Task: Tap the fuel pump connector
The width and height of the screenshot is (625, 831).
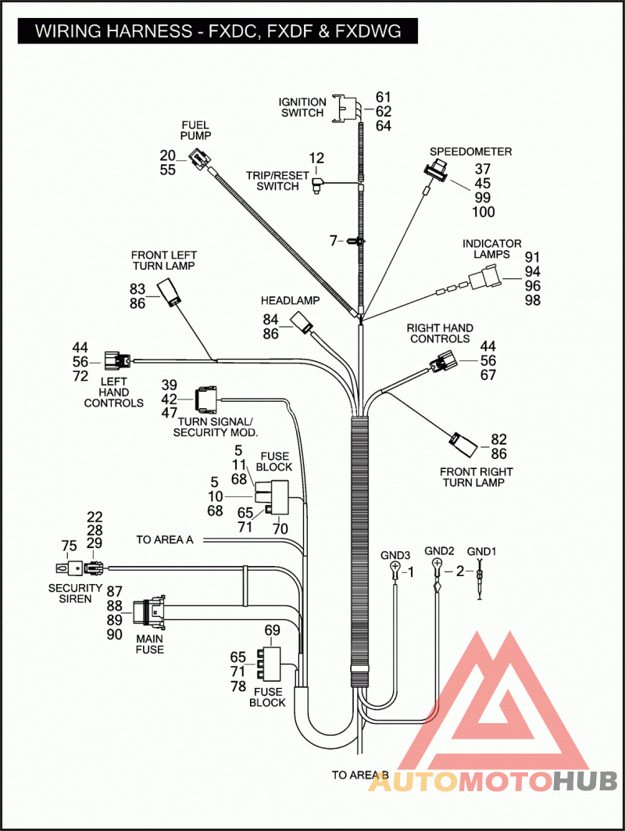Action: (199, 159)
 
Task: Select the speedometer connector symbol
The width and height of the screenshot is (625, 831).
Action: (436, 171)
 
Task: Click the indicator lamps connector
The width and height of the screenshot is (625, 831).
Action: (484, 279)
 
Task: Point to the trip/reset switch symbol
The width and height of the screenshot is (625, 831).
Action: (318, 185)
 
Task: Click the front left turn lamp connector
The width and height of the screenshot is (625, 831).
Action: (169, 294)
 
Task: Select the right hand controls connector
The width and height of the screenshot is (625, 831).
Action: (441, 363)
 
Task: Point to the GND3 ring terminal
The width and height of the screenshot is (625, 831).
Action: (395, 570)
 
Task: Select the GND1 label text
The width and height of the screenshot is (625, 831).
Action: (481, 552)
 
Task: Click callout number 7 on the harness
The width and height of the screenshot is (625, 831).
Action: (333, 241)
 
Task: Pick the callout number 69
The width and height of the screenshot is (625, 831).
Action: (272, 630)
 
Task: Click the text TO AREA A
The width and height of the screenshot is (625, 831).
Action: (165, 539)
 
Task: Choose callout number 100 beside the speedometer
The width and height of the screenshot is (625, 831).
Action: (484, 212)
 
